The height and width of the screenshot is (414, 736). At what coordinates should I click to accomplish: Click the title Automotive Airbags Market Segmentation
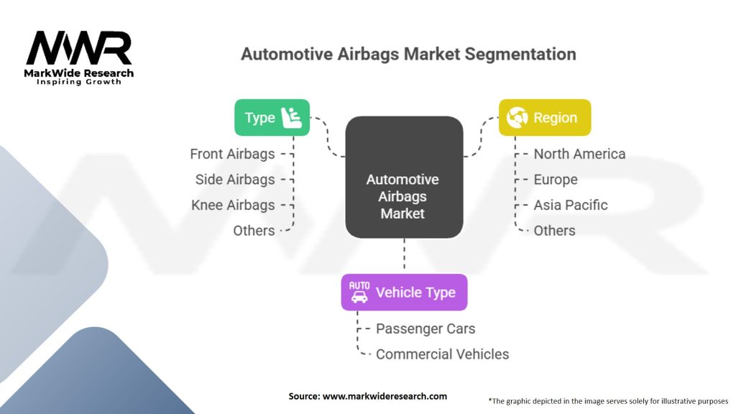(x=408, y=54)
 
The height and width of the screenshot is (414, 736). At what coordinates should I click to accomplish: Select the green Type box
(x=272, y=118)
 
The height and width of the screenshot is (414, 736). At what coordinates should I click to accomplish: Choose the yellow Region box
(x=545, y=118)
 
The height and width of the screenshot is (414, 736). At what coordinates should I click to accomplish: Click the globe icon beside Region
(x=517, y=118)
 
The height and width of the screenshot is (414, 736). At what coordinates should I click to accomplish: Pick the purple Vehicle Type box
(x=404, y=292)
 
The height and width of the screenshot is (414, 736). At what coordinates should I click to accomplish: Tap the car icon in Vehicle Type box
(x=359, y=292)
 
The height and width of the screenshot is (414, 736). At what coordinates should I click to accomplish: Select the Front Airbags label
(x=232, y=154)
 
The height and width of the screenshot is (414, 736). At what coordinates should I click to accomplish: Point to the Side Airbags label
(x=235, y=179)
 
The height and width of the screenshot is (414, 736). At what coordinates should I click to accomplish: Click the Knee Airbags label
(x=233, y=205)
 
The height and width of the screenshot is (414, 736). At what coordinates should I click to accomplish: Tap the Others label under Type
(x=254, y=231)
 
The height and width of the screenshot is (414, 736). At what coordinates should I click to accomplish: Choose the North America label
(x=579, y=154)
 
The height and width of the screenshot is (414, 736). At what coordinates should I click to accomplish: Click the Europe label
(x=555, y=179)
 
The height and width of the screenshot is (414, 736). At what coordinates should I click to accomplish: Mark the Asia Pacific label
(x=570, y=205)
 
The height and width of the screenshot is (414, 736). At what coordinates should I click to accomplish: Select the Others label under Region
(x=554, y=231)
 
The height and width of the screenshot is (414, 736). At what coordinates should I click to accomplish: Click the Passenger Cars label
(x=425, y=328)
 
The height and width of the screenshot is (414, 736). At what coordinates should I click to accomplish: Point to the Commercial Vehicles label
(x=442, y=354)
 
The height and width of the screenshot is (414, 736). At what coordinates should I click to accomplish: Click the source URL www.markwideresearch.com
(x=385, y=396)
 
